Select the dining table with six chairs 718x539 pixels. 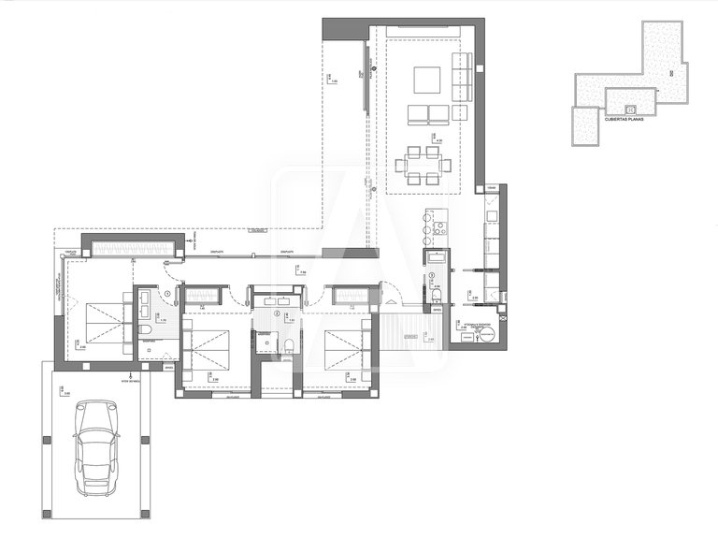424,165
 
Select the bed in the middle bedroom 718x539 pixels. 212,348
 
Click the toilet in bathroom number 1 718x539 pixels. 146,331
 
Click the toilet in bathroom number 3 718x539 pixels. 438,295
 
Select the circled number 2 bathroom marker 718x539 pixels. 277,313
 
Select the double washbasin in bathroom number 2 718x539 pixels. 279,301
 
